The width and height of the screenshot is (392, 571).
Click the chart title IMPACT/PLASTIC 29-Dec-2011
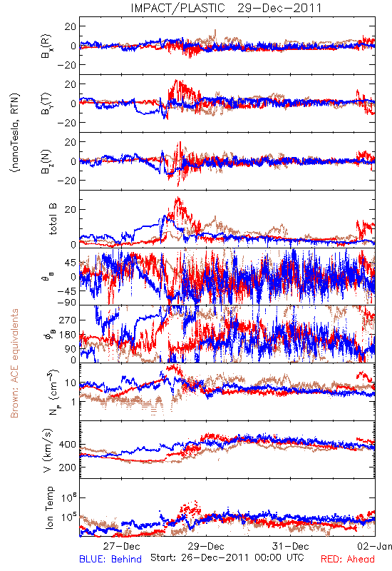point(226,8)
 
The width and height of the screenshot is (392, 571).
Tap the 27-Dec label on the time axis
point(121,546)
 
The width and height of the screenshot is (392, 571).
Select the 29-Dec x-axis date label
point(206,546)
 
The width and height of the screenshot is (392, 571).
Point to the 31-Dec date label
point(291,546)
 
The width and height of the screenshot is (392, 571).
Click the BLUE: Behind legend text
point(110,559)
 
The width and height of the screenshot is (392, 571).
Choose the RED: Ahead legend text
point(347,559)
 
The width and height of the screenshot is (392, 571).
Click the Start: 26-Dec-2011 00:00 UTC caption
point(227,557)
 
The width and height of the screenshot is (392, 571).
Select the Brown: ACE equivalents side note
point(14,363)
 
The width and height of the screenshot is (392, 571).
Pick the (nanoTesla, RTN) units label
point(15,133)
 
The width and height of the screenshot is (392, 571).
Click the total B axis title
point(52,219)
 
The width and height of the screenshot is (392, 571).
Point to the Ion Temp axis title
point(49,507)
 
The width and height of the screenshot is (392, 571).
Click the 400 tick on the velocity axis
point(67,445)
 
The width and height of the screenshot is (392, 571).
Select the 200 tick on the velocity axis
point(67,468)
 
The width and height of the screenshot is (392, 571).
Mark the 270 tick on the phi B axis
point(67,320)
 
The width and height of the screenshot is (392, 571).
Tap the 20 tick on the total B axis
point(71,209)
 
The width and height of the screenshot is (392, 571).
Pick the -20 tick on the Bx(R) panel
point(66,65)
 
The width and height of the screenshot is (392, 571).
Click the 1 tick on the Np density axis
point(74,402)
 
